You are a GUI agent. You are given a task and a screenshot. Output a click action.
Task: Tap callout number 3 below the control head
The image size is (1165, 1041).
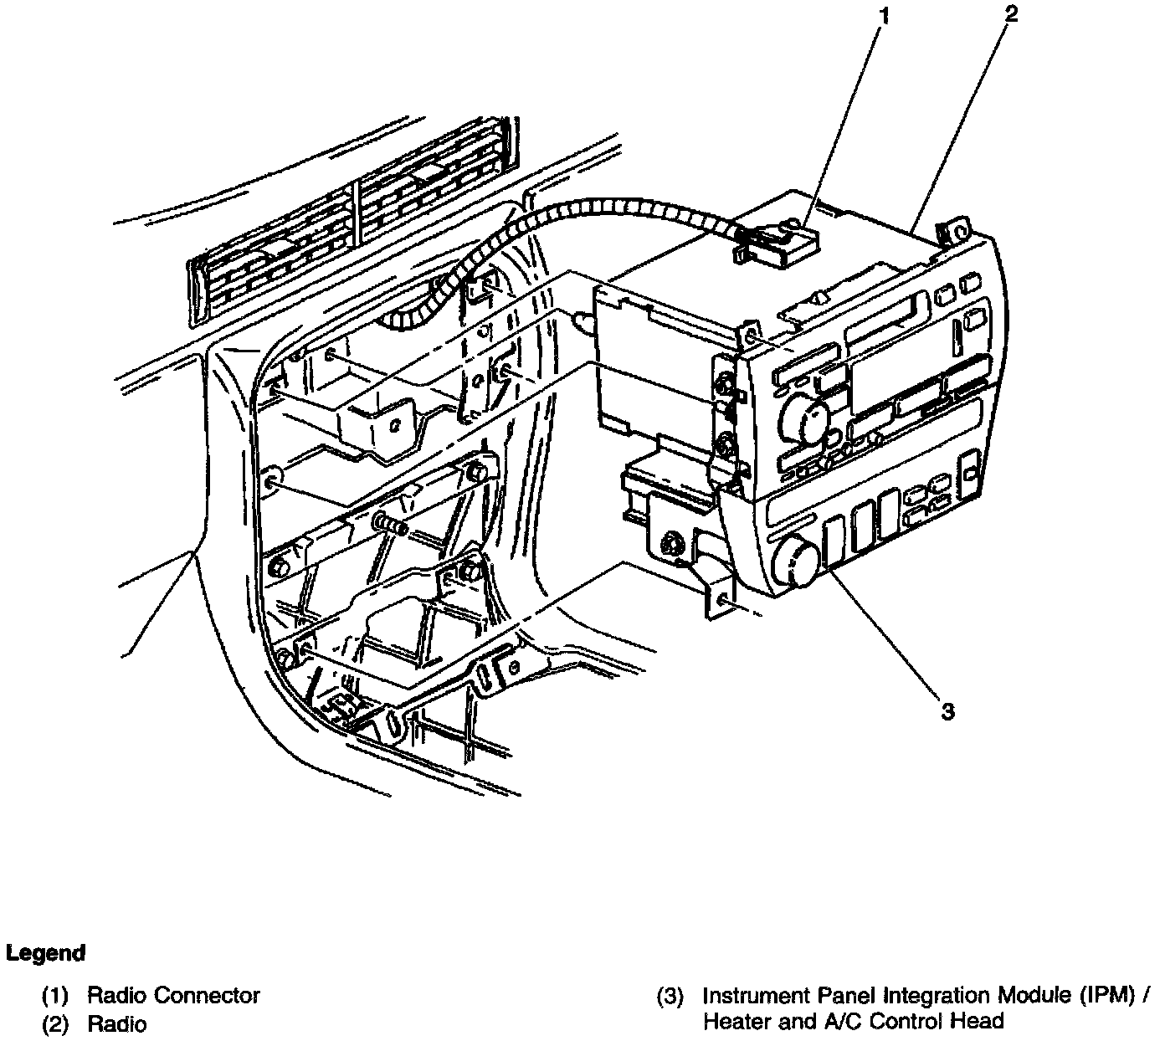[x=947, y=711]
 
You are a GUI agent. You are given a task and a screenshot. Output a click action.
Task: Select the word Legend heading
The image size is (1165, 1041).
[x=46, y=953]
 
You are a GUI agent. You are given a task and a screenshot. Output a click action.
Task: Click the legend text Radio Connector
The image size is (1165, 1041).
[x=173, y=996]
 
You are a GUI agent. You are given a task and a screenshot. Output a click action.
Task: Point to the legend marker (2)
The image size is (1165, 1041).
[x=55, y=1023]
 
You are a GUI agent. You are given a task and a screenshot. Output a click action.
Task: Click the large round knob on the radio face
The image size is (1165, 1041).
[x=805, y=414]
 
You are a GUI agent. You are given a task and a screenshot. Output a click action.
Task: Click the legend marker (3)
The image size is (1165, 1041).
[x=670, y=997]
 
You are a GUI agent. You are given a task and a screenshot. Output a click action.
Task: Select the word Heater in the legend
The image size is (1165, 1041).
[x=731, y=1021]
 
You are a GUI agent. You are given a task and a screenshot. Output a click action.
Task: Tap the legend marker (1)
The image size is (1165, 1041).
[x=55, y=997]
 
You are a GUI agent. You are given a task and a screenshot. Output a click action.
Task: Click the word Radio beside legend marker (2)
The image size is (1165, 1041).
[x=116, y=1023]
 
